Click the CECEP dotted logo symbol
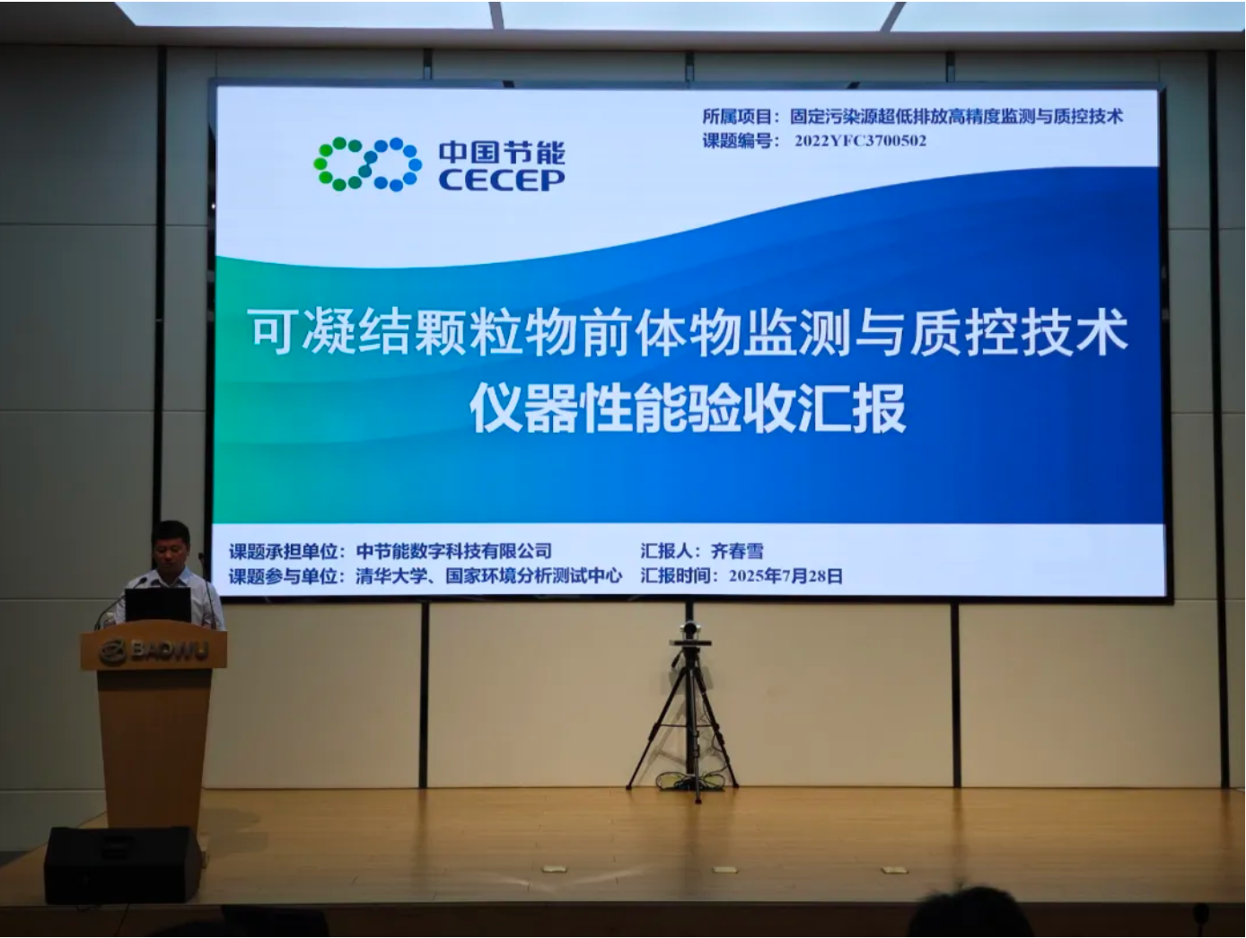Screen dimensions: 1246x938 pyautogui.click(x=367, y=164)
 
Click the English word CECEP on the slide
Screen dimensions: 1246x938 pyautogui.click(x=502, y=180)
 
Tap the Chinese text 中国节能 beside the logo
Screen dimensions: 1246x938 pyautogui.click(x=502, y=152)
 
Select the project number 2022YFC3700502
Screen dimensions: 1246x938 pyautogui.click(x=860, y=141)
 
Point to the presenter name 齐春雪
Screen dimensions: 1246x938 pyautogui.click(x=737, y=550)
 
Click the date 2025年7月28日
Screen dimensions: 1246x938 pyautogui.click(x=785, y=576)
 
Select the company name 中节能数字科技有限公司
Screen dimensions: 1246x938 pyautogui.click(x=453, y=551)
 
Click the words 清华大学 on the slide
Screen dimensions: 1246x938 pyautogui.click(x=391, y=576)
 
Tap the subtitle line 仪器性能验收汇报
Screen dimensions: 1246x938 pyautogui.click(x=687, y=408)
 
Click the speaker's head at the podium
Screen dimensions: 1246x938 pyautogui.click(x=171, y=546)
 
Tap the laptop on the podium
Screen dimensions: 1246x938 pyautogui.click(x=158, y=605)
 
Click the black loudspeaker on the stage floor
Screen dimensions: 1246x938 pyautogui.click(x=123, y=864)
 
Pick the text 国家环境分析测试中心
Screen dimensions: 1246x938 pyautogui.click(x=533, y=576)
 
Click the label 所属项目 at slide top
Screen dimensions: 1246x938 pyautogui.click(x=737, y=117)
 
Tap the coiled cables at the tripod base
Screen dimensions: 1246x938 pyautogui.click(x=690, y=781)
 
